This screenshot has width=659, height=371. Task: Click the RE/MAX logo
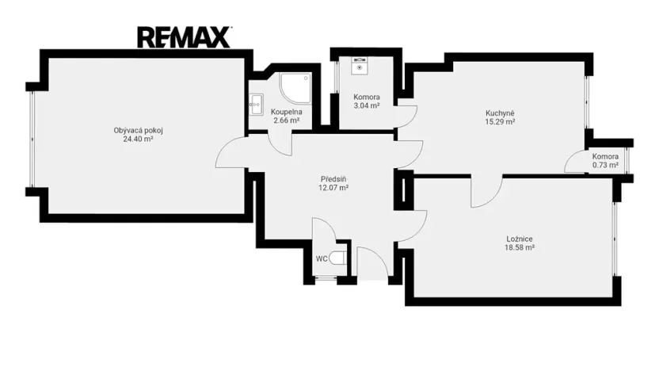click(x=184, y=37)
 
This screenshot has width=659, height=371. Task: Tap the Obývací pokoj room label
click(x=138, y=130)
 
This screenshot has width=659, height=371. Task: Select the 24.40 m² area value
click(x=138, y=140)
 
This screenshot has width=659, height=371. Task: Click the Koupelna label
click(x=286, y=112)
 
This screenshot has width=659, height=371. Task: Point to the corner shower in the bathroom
click(x=296, y=88)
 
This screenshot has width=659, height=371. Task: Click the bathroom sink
click(x=256, y=104)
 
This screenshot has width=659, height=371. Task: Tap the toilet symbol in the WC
click(x=337, y=258)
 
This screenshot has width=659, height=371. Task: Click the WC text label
click(x=322, y=259)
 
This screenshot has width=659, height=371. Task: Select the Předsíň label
click(x=333, y=179)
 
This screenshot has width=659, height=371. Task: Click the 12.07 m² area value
click(x=333, y=188)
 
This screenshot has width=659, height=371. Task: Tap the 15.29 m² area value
click(x=500, y=122)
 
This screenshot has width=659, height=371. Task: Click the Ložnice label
click(x=520, y=239)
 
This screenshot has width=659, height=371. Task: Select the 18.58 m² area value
click(x=520, y=248)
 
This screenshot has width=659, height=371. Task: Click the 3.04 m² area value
click(x=367, y=106)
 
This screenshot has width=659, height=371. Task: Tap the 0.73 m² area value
click(x=605, y=166)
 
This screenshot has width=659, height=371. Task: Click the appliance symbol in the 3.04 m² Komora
click(x=360, y=65)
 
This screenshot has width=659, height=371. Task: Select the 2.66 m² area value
click(x=286, y=120)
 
